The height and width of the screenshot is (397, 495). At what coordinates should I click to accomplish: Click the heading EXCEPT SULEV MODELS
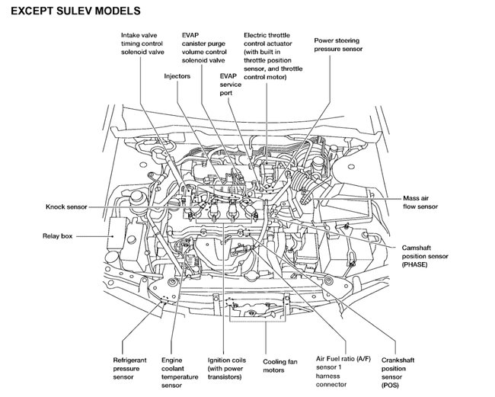[x=75, y=11]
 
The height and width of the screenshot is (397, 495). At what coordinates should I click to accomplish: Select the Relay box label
[x=57, y=236]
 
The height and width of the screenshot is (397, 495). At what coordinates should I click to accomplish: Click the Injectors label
[x=177, y=76]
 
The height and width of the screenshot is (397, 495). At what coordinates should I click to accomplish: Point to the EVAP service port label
[x=230, y=85]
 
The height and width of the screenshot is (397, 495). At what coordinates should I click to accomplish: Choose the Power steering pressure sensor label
[x=338, y=43]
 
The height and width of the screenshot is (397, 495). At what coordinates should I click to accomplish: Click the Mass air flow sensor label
[x=420, y=202]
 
